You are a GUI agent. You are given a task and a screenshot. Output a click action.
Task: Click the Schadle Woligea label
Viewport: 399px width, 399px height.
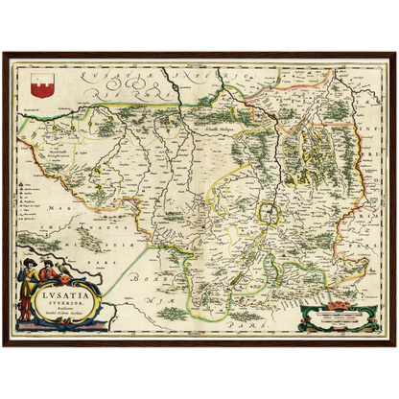(x=223, y=124)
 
